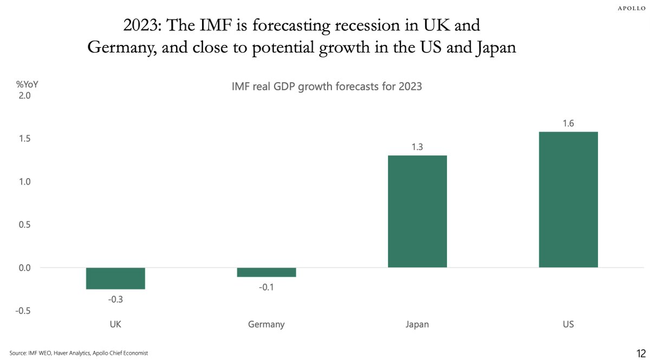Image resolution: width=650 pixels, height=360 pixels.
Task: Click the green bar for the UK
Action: [x=115, y=278]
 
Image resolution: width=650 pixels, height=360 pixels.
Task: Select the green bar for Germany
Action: [x=266, y=272]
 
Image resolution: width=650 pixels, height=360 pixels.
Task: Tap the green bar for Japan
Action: [x=417, y=212]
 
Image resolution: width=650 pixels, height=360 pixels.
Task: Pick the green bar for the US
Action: [x=568, y=199]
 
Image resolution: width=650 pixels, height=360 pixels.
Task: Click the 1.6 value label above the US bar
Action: [x=568, y=123]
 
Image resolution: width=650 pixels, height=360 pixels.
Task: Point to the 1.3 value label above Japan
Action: [x=417, y=147]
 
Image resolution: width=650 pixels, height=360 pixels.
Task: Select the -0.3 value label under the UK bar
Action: [x=115, y=298]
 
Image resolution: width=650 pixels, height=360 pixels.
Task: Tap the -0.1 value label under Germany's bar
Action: [x=266, y=286]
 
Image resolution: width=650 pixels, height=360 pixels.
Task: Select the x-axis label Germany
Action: [x=266, y=325]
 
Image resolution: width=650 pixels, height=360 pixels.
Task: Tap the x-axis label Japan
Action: [x=417, y=325]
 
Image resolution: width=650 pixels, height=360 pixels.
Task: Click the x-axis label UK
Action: [x=115, y=325]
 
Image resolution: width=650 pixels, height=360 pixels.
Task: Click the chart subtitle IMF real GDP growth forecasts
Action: [x=327, y=87]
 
